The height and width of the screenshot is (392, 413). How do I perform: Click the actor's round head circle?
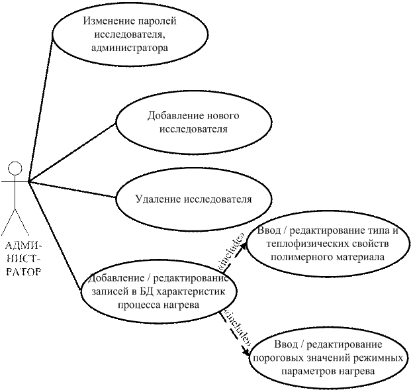[15, 167]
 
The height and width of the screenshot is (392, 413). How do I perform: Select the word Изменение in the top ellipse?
[107, 21]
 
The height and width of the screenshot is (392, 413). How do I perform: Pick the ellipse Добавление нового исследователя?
[193, 122]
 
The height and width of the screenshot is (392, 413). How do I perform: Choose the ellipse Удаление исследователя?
[193, 198]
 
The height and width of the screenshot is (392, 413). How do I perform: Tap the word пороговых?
[279, 359]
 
